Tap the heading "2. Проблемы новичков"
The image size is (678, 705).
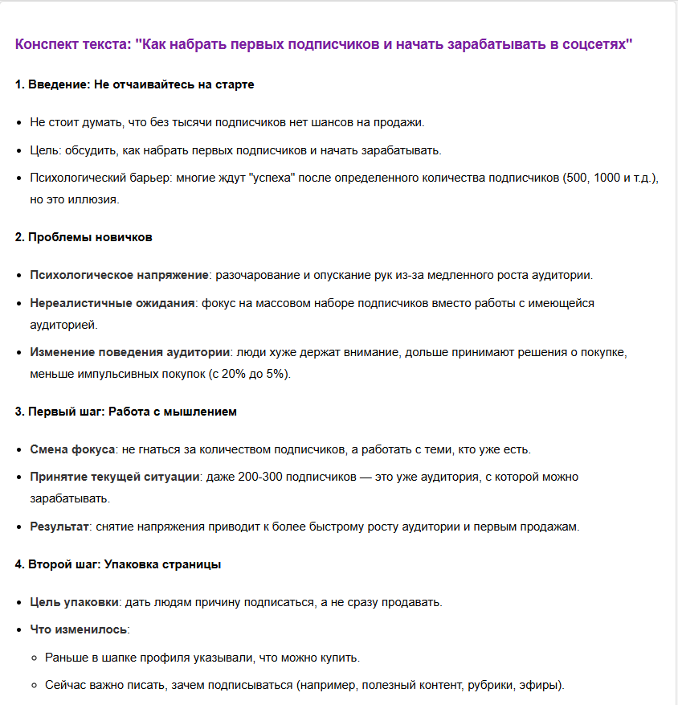tap(84, 237)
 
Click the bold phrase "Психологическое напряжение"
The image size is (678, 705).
tap(119, 275)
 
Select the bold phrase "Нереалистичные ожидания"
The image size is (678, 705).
tap(112, 303)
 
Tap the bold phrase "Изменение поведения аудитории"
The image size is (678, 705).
tap(129, 352)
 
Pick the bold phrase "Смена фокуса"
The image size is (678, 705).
tap(72, 449)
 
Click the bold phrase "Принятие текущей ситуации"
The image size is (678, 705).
tap(114, 477)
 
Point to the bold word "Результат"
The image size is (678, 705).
tap(59, 527)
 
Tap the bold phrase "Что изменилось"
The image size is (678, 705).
tap(79, 629)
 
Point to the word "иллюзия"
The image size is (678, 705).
tap(95, 199)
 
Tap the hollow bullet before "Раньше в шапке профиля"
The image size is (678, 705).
tap(35, 658)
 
